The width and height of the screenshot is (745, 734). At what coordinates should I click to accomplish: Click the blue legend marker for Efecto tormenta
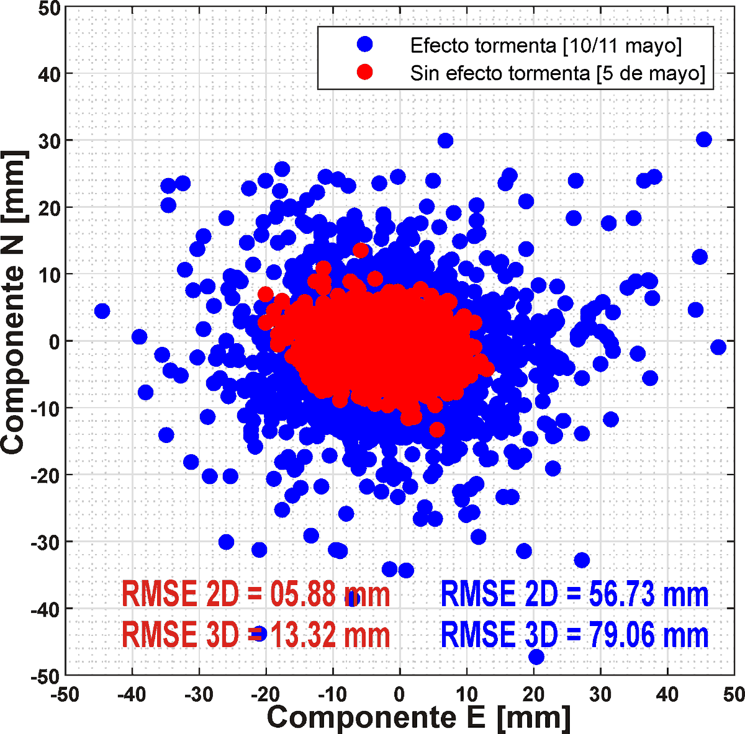(365, 44)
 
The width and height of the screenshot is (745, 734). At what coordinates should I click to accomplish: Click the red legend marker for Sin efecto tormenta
(365, 72)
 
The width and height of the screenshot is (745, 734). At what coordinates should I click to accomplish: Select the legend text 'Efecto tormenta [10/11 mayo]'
(546, 45)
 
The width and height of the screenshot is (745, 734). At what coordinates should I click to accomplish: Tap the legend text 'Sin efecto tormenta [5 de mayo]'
(558, 73)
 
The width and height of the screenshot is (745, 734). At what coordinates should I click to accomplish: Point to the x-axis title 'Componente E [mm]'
(418, 717)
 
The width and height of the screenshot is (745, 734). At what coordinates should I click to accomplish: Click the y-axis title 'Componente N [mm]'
(14, 302)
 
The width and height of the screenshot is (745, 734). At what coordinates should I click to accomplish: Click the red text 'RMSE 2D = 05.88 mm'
(256, 594)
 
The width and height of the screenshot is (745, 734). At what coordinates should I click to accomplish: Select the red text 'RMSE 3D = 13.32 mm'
(256, 635)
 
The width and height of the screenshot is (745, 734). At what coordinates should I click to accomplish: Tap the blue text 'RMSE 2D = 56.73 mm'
(574, 594)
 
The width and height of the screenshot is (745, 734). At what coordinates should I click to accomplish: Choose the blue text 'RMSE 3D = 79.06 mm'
(574, 635)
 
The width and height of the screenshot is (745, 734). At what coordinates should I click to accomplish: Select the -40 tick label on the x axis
(131, 694)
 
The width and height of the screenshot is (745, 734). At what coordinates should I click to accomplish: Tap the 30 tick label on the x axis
(600, 694)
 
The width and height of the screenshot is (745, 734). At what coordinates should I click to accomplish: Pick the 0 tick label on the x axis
(400, 694)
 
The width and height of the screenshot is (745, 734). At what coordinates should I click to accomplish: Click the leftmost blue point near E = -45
(102, 311)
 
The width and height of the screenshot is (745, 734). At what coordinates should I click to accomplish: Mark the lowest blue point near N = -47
(536, 656)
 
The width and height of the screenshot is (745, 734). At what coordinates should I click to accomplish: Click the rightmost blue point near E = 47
(718, 347)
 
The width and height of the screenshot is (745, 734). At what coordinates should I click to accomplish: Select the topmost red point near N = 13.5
(360, 251)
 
